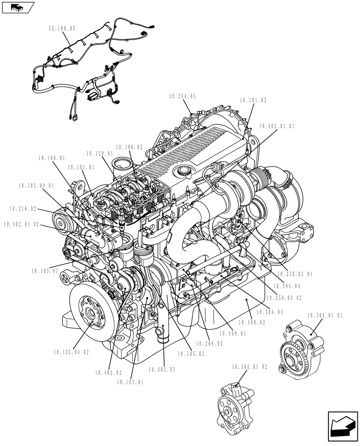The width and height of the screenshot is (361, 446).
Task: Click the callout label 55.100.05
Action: [62, 28]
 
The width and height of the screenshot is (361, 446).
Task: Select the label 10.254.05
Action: [182, 96]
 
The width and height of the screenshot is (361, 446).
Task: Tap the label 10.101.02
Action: [253, 101]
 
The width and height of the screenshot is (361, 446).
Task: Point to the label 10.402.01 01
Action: [277, 126]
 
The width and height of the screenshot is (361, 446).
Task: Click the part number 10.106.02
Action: [129, 147]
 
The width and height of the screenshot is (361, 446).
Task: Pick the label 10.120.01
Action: [99, 153]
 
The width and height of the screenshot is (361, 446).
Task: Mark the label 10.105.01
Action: [45, 271]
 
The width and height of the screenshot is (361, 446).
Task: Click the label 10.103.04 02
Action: [70, 352]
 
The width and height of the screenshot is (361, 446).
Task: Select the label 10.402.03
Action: [162, 369]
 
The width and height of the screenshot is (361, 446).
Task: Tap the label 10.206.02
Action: [209, 344]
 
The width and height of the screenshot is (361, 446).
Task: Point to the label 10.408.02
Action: [252, 322]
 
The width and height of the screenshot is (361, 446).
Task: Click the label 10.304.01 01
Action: [325, 315]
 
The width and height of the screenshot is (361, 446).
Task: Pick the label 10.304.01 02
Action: [249, 367]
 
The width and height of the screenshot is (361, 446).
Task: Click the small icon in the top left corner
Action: [18, 7]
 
